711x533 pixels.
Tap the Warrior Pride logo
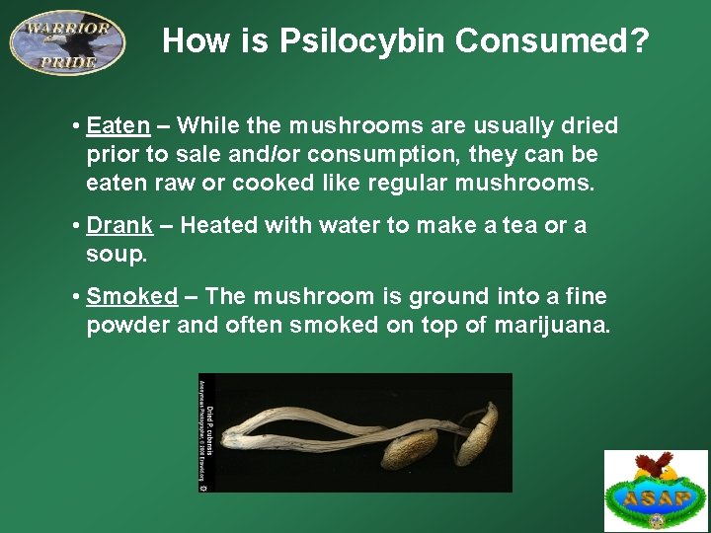(x=67, y=41)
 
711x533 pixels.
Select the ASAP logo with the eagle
(x=656, y=491)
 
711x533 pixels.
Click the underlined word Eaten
(x=118, y=126)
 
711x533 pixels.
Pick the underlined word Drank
(x=119, y=226)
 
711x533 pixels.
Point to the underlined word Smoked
(x=131, y=297)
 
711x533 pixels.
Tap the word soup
(x=116, y=255)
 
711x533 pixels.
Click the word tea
(x=513, y=226)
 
